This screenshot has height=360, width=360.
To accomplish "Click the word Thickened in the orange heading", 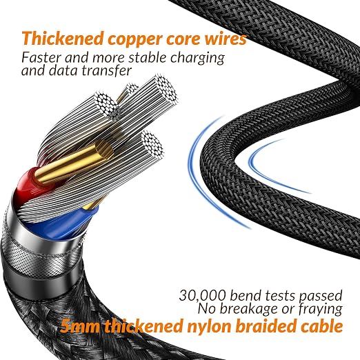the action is click(x=62, y=38).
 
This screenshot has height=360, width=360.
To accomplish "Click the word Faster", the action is click(x=41, y=57).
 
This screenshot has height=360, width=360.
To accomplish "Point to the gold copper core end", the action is click(x=104, y=149).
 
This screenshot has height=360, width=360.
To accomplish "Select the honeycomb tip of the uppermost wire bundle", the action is click(x=166, y=88).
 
